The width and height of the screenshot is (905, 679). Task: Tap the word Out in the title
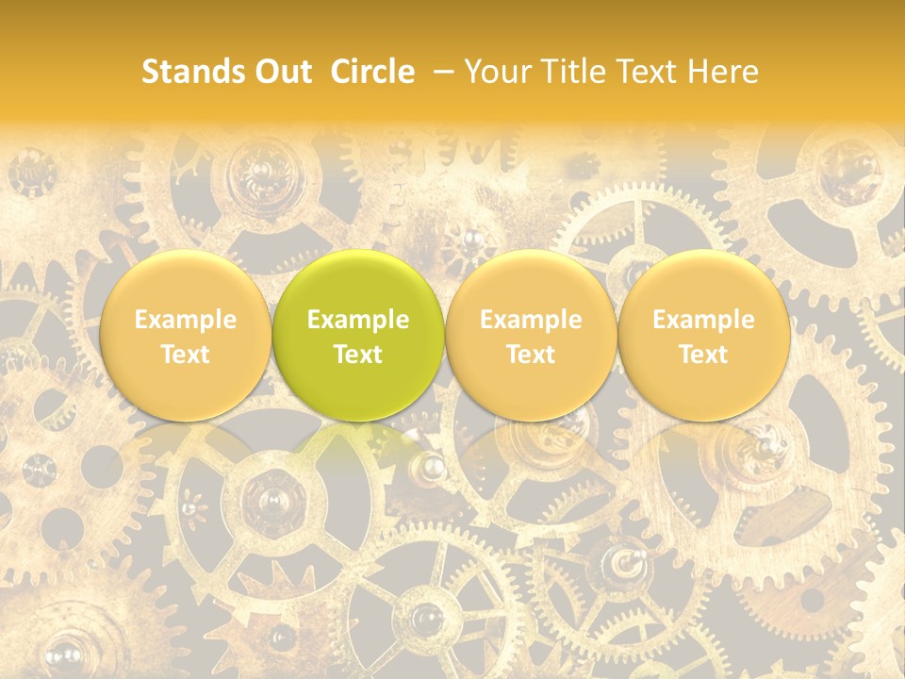(x=282, y=72)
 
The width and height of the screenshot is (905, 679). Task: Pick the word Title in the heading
(x=574, y=72)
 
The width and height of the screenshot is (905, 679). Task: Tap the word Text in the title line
(x=649, y=72)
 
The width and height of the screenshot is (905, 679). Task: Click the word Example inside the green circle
(x=358, y=320)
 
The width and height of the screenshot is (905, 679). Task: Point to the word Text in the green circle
(x=358, y=355)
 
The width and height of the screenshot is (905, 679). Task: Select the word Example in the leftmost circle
(x=186, y=320)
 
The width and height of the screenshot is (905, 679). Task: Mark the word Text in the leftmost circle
(x=186, y=355)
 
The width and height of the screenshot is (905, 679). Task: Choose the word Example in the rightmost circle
(x=703, y=320)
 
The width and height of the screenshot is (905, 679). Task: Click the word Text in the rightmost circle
(x=703, y=355)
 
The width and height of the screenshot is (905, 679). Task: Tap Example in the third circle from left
(x=531, y=320)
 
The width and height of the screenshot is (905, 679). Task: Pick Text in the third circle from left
(x=531, y=355)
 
